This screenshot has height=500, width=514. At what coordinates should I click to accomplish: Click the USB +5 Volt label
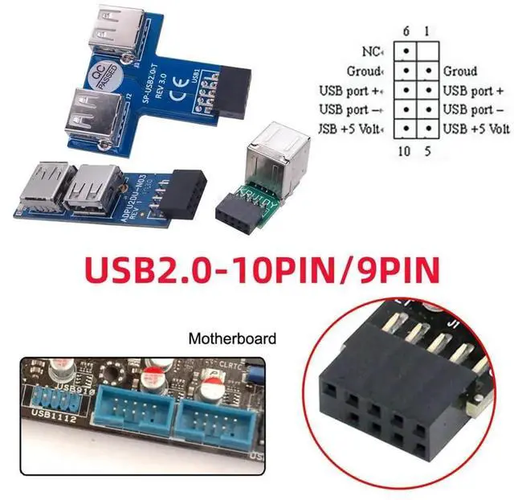pos(476,129)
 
